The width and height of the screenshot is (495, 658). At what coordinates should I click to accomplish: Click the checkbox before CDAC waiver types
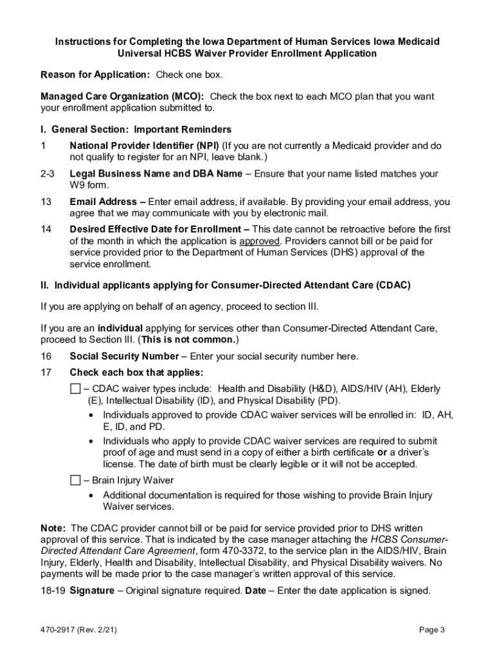tap(75, 389)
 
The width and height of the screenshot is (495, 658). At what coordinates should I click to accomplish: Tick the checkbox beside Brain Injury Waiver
tap(75, 480)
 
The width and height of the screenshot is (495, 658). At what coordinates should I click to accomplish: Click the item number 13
tap(46, 202)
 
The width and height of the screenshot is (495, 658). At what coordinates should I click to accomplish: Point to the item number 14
tap(46, 229)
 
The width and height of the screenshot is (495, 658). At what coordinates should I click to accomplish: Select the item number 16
tap(46, 357)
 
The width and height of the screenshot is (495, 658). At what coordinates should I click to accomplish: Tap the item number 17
tap(46, 373)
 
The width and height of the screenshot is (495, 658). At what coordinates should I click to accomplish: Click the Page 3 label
tap(432, 630)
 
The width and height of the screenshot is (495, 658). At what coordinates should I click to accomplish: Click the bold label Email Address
tap(103, 202)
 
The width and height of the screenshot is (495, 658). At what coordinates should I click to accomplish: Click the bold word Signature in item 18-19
tap(92, 591)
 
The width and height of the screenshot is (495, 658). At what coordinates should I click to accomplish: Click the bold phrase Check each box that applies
tap(136, 373)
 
